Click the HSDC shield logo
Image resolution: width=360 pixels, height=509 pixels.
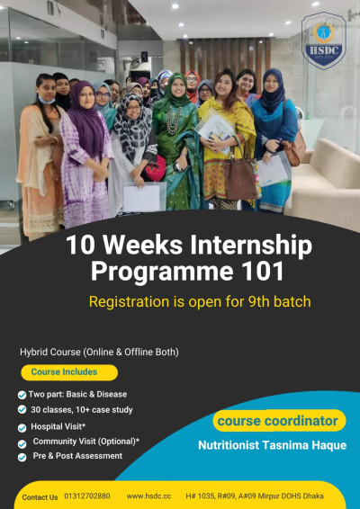click(x=324, y=40)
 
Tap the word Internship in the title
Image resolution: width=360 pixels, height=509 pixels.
click(x=251, y=246)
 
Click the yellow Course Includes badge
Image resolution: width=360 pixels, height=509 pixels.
click(x=69, y=372)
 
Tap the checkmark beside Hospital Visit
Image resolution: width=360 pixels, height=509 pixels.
click(x=22, y=428)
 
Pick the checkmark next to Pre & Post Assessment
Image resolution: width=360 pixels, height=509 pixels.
click(x=22, y=458)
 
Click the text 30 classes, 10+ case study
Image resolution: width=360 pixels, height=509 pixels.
click(x=82, y=410)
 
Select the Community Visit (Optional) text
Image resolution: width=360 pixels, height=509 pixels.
click(x=86, y=442)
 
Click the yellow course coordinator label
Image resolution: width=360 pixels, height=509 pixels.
click(x=279, y=421)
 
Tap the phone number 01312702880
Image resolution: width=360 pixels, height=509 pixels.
click(x=87, y=496)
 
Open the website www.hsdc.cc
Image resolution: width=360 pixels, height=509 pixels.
click(x=148, y=496)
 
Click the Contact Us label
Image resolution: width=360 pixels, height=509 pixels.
click(x=40, y=497)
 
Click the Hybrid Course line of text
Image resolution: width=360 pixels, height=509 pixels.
click(x=99, y=353)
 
